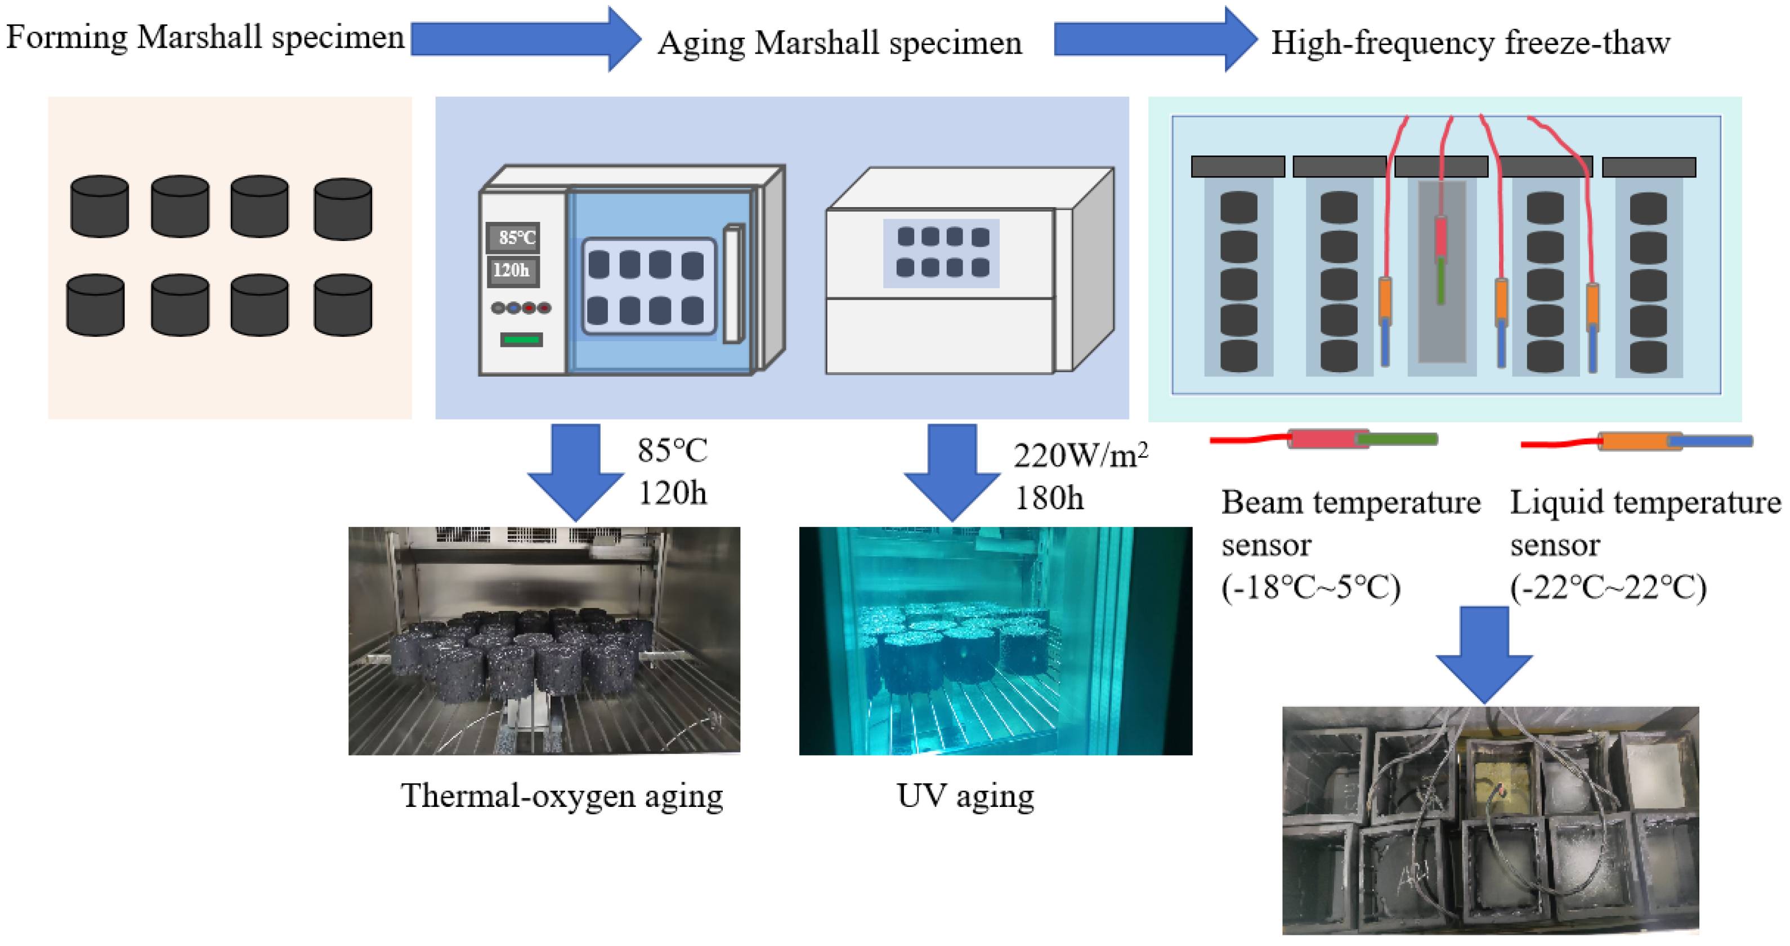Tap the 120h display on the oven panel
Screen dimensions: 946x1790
pos(512,270)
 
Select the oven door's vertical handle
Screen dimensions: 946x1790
pos(733,284)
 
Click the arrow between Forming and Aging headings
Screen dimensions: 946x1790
pos(525,39)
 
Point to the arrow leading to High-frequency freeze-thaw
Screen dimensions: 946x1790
pos(1154,39)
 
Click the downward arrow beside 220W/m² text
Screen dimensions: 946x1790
pos(952,472)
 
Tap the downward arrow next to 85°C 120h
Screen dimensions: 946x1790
pos(575,472)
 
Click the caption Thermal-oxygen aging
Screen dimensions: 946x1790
pos(561,796)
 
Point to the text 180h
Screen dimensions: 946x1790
pos(1049,498)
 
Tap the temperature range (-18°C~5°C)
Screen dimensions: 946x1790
pos(1310,588)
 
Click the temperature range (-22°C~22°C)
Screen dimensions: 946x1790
pos(1607,588)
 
